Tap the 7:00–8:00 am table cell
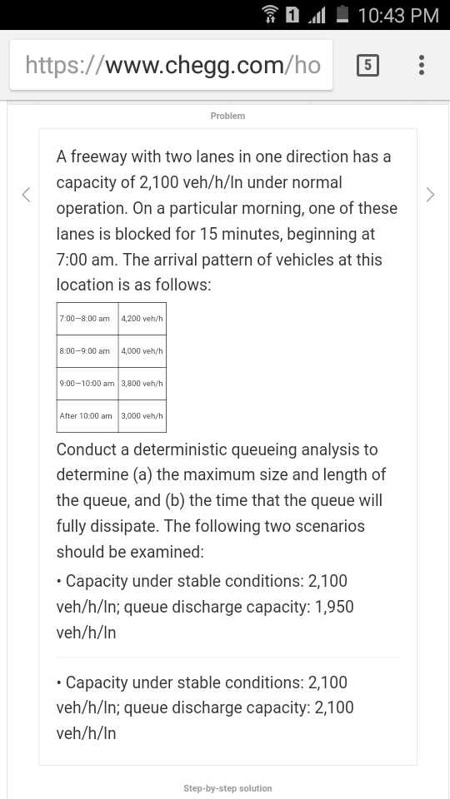[x=85, y=319]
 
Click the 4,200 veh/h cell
[x=142, y=319]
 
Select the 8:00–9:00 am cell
[x=85, y=351]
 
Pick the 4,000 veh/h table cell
[x=142, y=351]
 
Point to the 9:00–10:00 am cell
[x=87, y=384]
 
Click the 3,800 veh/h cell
[x=142, y=384]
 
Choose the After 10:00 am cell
[x=86, y=416]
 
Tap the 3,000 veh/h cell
[x=142, y=416]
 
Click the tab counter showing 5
[x=367, y=65]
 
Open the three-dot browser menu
[x=422, y=65]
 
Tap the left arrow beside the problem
[x=26, y=195]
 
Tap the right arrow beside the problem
[x=430, y=195]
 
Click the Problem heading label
[x=227, y=116]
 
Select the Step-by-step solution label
[x=227, y=788]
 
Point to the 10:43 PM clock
[x=398, y=15]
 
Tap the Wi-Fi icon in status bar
[x=270, y=15]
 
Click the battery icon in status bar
[x=342, y=15]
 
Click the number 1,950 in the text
[x=334, y=607]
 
